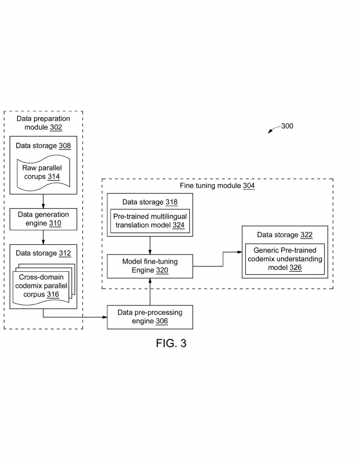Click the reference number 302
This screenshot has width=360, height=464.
[56, 127]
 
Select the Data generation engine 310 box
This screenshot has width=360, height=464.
[43, 219]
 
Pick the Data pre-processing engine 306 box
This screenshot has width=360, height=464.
[150, 317]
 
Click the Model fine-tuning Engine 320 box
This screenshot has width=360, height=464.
[150, 266]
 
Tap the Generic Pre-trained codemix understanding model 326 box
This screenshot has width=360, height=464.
[285, 259]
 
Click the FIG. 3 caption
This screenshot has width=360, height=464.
[171, 343]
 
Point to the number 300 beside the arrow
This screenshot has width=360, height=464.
[287, 126]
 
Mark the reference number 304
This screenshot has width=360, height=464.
[248, 186]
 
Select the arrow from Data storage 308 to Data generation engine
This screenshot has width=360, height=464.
[43, 201]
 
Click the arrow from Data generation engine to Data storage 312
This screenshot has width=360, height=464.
[43, 237]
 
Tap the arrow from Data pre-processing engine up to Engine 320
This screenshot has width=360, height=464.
[150, 292]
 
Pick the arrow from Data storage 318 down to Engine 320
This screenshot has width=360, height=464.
[150, 245]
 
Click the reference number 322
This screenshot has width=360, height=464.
[306, 235]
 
